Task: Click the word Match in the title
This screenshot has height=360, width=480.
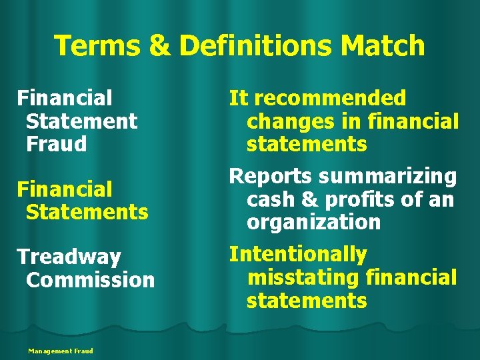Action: [x=383, y=46]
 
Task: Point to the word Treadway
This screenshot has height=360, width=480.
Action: [x=69, y=257]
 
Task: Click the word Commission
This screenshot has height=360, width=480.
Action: [x=90, y=279]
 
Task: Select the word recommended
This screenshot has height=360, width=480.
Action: [x=330, y=99]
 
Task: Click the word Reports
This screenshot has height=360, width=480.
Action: [x=271, y=177]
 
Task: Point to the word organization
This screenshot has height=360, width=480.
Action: [x=313, y=222]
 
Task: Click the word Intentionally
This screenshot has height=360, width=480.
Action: [x=298, y=255]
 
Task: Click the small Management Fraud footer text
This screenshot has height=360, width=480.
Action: [x=61, y=351]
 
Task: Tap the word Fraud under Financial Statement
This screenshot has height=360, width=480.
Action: [x=57, y=144]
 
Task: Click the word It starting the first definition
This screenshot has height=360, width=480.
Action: [x=238, y=99]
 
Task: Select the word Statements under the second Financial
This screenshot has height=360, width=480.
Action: [x=87, y=212]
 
